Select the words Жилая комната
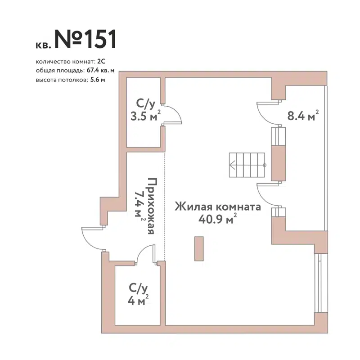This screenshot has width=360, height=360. pos(218,207)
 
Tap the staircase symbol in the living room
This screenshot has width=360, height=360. pos(247,165)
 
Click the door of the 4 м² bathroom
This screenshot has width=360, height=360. pos(147,255)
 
